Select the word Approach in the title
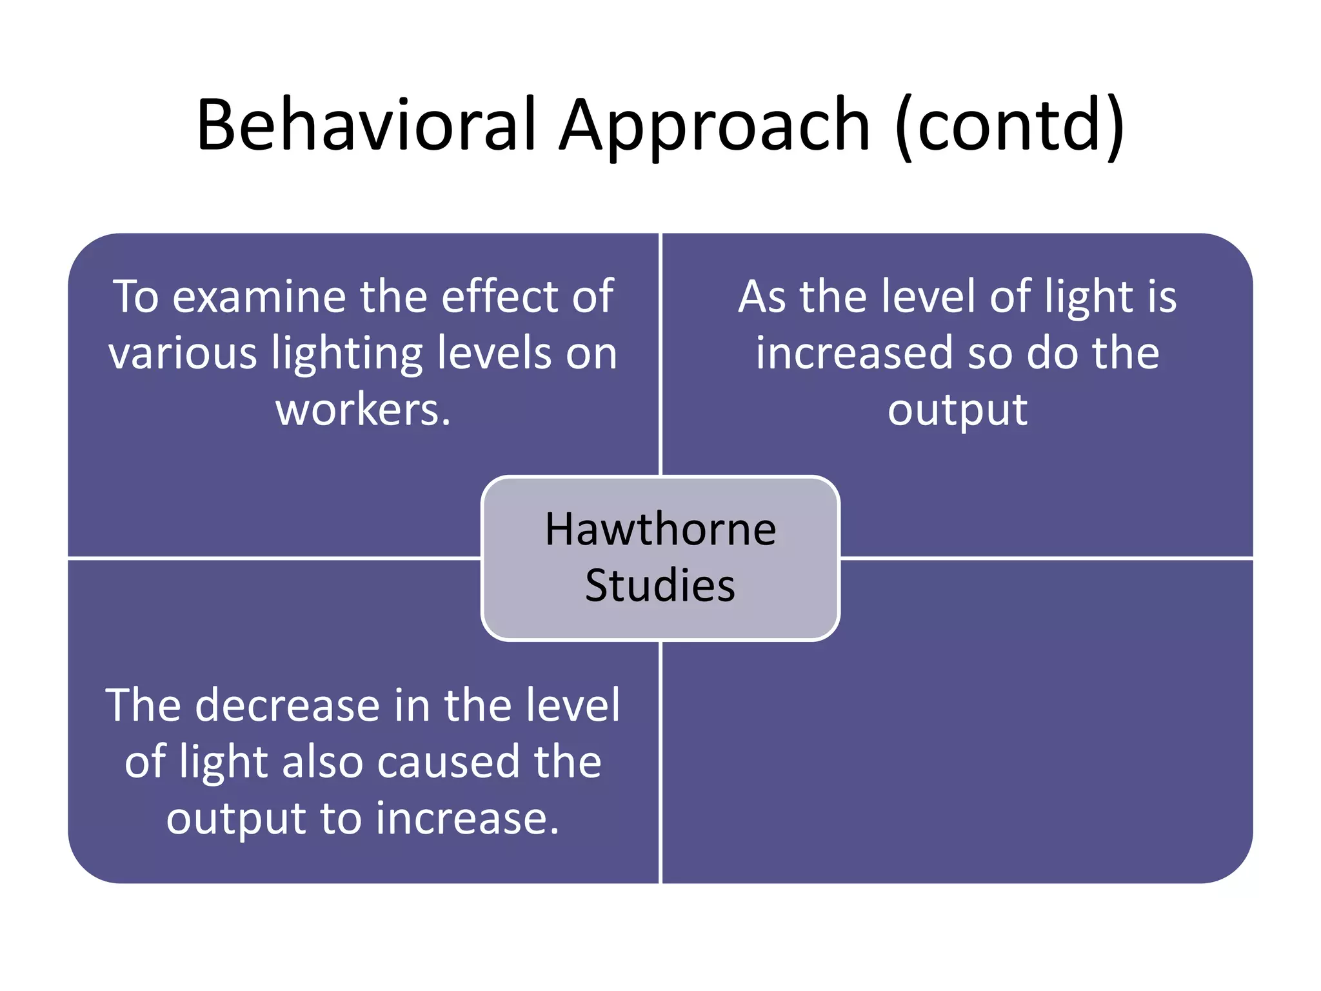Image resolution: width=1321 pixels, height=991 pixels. click(715, 126)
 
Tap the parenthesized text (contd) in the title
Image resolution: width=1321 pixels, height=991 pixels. click(1010, 126)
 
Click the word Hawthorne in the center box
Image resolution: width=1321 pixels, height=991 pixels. click(660, 529)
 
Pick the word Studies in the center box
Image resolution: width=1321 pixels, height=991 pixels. click(660, 585)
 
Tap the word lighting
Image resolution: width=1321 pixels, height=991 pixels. click(347, 355)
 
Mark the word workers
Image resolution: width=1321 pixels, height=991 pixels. click(363, 410)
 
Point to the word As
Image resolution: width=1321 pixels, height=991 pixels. click(762, 297)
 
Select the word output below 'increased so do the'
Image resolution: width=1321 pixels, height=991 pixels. click(957, 411)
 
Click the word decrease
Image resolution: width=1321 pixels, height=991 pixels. click(288, 705)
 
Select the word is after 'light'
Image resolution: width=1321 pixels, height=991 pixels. click(1161, 297)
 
